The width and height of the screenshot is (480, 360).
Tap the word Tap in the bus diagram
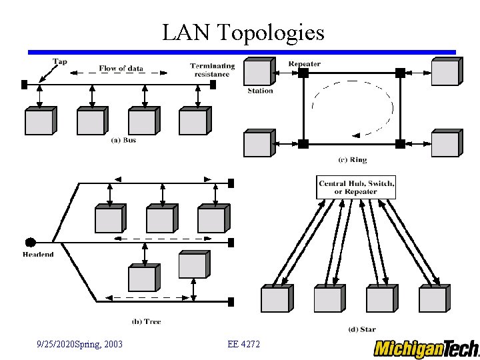[60, 62]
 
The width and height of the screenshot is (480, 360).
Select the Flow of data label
[121, 68]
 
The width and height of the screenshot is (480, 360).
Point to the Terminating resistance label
[212, 69]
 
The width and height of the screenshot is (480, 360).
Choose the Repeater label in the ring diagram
[304, 64]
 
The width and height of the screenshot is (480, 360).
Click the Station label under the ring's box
[260, 91]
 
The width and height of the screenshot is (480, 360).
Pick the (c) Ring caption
[352, 160]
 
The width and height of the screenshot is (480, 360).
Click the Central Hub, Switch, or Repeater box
[357, 187]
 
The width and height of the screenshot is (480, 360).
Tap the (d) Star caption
[361, 329]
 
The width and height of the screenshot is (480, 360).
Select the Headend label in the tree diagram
[38, 255]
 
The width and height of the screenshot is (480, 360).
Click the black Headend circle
[30, 242]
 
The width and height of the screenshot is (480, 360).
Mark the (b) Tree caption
[146, 321]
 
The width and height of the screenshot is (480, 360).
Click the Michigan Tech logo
[426, 348]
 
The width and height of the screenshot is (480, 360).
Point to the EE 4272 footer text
[243, 344]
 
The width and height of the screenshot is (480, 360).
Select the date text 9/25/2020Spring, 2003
[79, 344]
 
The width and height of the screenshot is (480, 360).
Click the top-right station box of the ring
[445, 71]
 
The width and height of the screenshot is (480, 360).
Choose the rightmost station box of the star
[433, 299]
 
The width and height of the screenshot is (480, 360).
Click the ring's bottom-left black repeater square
[303, 143]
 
